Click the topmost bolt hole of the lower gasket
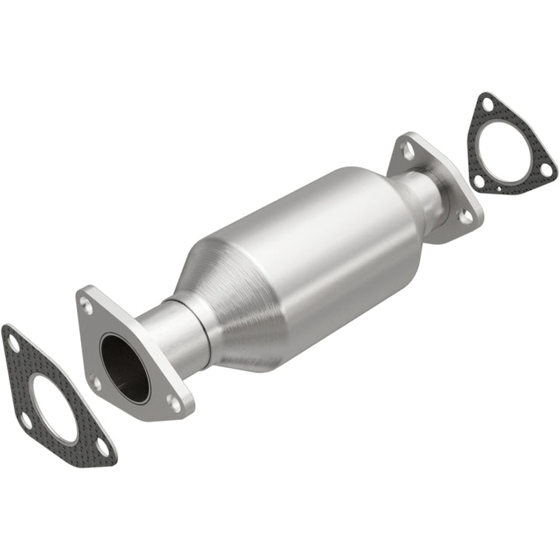click(12, 341)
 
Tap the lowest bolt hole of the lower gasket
click(103, 446)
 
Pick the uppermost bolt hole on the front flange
click(86, 306)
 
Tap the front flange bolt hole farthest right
click(173, 402)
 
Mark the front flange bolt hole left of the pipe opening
click(95, 382)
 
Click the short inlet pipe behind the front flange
click(167, 334)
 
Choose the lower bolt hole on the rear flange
click(464, 217)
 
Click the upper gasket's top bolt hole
click(487, 104)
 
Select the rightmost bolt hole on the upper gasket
click(546, 168)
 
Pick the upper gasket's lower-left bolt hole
click(480, 181)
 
